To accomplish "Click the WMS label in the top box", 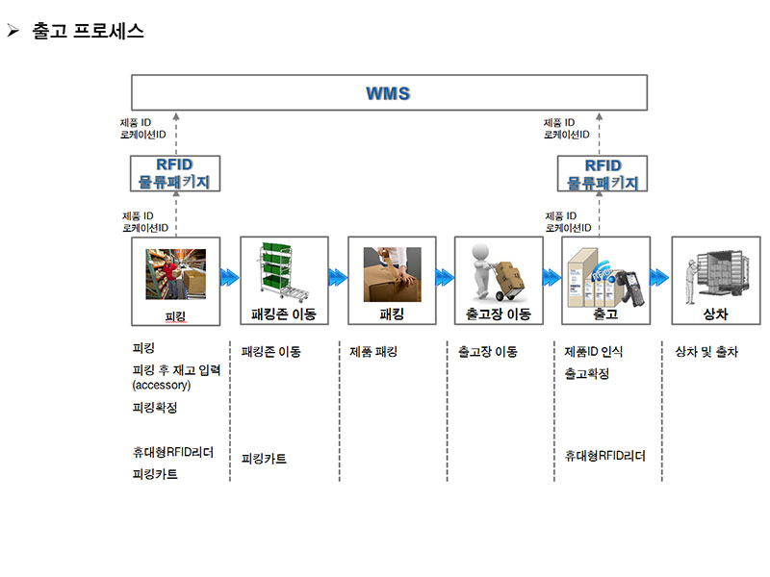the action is coord(388,93).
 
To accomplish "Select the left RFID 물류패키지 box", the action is coord(175,173).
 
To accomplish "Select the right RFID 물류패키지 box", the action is coord(603,173).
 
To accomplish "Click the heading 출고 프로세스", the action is coord(88,31).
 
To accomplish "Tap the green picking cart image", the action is coord(283,271).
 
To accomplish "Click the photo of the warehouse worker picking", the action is coord(176,274).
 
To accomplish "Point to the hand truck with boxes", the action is coord(498,271).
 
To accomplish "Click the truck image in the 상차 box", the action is coord(717,276).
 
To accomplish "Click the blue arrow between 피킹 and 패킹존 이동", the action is coord(230,277).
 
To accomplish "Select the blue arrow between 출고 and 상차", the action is coord(659,277).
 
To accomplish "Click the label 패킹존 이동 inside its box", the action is coord(283,314).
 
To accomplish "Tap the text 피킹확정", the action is coord(155,407).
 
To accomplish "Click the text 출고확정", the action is coord(587,374).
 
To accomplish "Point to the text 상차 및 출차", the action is coord(706,351).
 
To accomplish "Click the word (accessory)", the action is coord(162,386).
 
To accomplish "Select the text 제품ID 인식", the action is coord(594,351).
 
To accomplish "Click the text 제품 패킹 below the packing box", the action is coord(373,351).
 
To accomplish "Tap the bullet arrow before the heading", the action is coord(13,31).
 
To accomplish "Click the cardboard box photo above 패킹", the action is coord(393,274).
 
